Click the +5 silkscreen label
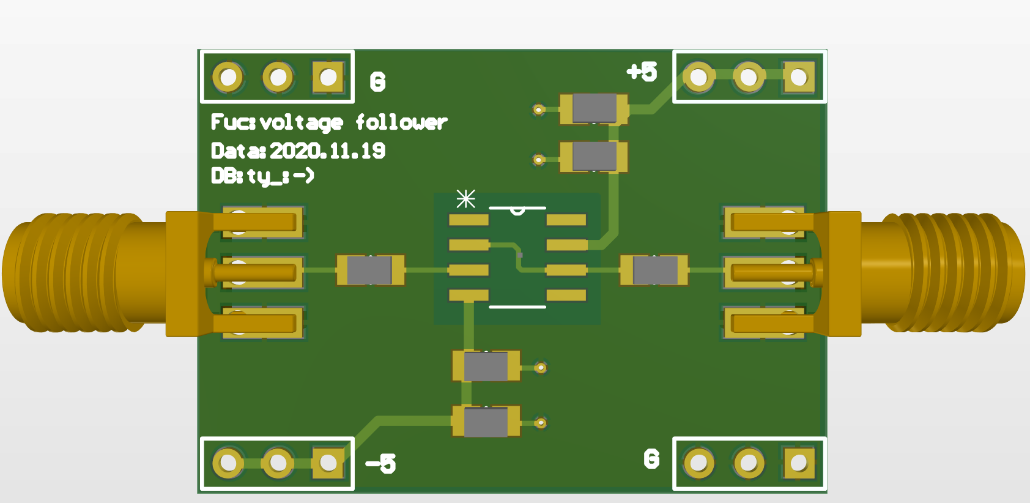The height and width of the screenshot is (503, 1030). click(642, 72)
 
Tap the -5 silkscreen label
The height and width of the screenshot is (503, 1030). click(381, 463)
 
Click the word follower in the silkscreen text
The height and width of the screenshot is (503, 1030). click(401, 122)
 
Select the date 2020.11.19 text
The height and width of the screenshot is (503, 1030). click(327, 151)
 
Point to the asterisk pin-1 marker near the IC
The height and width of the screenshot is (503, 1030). click(465, 199)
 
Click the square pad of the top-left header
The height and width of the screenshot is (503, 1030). click(328, 78)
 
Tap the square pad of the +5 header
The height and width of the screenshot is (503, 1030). click(798, 77)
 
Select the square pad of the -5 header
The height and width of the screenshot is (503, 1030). click(328, 463)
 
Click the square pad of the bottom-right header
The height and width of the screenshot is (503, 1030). click(798, 463)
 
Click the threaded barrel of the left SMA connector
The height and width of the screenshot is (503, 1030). click(73, 273)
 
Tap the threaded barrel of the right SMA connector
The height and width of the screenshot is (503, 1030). click(954, 273)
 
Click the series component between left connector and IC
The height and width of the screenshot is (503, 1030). click(370, 270)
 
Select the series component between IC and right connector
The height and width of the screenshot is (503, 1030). click(654, 270)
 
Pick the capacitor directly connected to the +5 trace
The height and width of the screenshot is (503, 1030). click(594, 108)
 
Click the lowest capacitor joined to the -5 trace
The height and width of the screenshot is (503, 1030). click(486, 422)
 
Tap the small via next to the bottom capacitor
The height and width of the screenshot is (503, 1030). click(540, 423)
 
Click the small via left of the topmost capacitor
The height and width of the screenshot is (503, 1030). click(538, 110)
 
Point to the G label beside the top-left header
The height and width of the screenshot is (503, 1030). click(377, 82)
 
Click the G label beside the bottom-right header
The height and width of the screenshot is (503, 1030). click(651, 459)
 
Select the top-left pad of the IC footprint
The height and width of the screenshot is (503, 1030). click(469, 220)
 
